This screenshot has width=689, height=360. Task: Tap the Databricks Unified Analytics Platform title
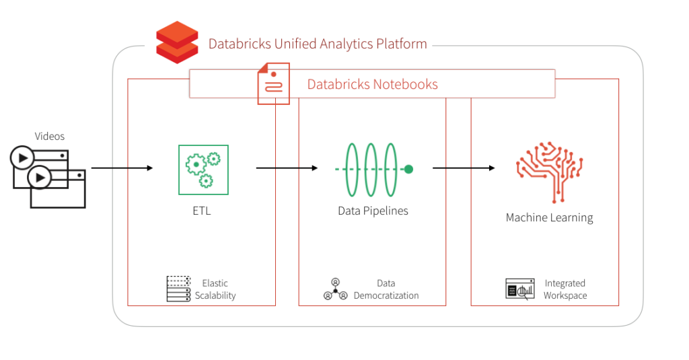318,44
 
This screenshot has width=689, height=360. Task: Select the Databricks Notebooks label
372,85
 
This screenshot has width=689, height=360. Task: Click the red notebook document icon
273,83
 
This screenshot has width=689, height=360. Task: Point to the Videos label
50,137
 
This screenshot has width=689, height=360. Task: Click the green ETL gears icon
203,170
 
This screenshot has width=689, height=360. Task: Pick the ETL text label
202,211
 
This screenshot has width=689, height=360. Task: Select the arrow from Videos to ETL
122,168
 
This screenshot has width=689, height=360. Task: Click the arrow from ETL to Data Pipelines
287,168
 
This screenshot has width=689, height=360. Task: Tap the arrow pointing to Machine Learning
464,168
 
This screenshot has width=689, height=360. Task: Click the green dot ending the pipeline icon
408,169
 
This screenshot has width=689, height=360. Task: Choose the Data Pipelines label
373,211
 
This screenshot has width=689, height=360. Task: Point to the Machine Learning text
549,217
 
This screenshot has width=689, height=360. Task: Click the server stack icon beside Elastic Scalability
178,289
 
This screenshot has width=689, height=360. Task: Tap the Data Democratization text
386,289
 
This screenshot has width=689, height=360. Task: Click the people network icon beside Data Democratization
335,289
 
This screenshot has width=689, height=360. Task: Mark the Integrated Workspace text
565,289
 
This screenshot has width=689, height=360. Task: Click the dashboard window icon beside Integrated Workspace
519,289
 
